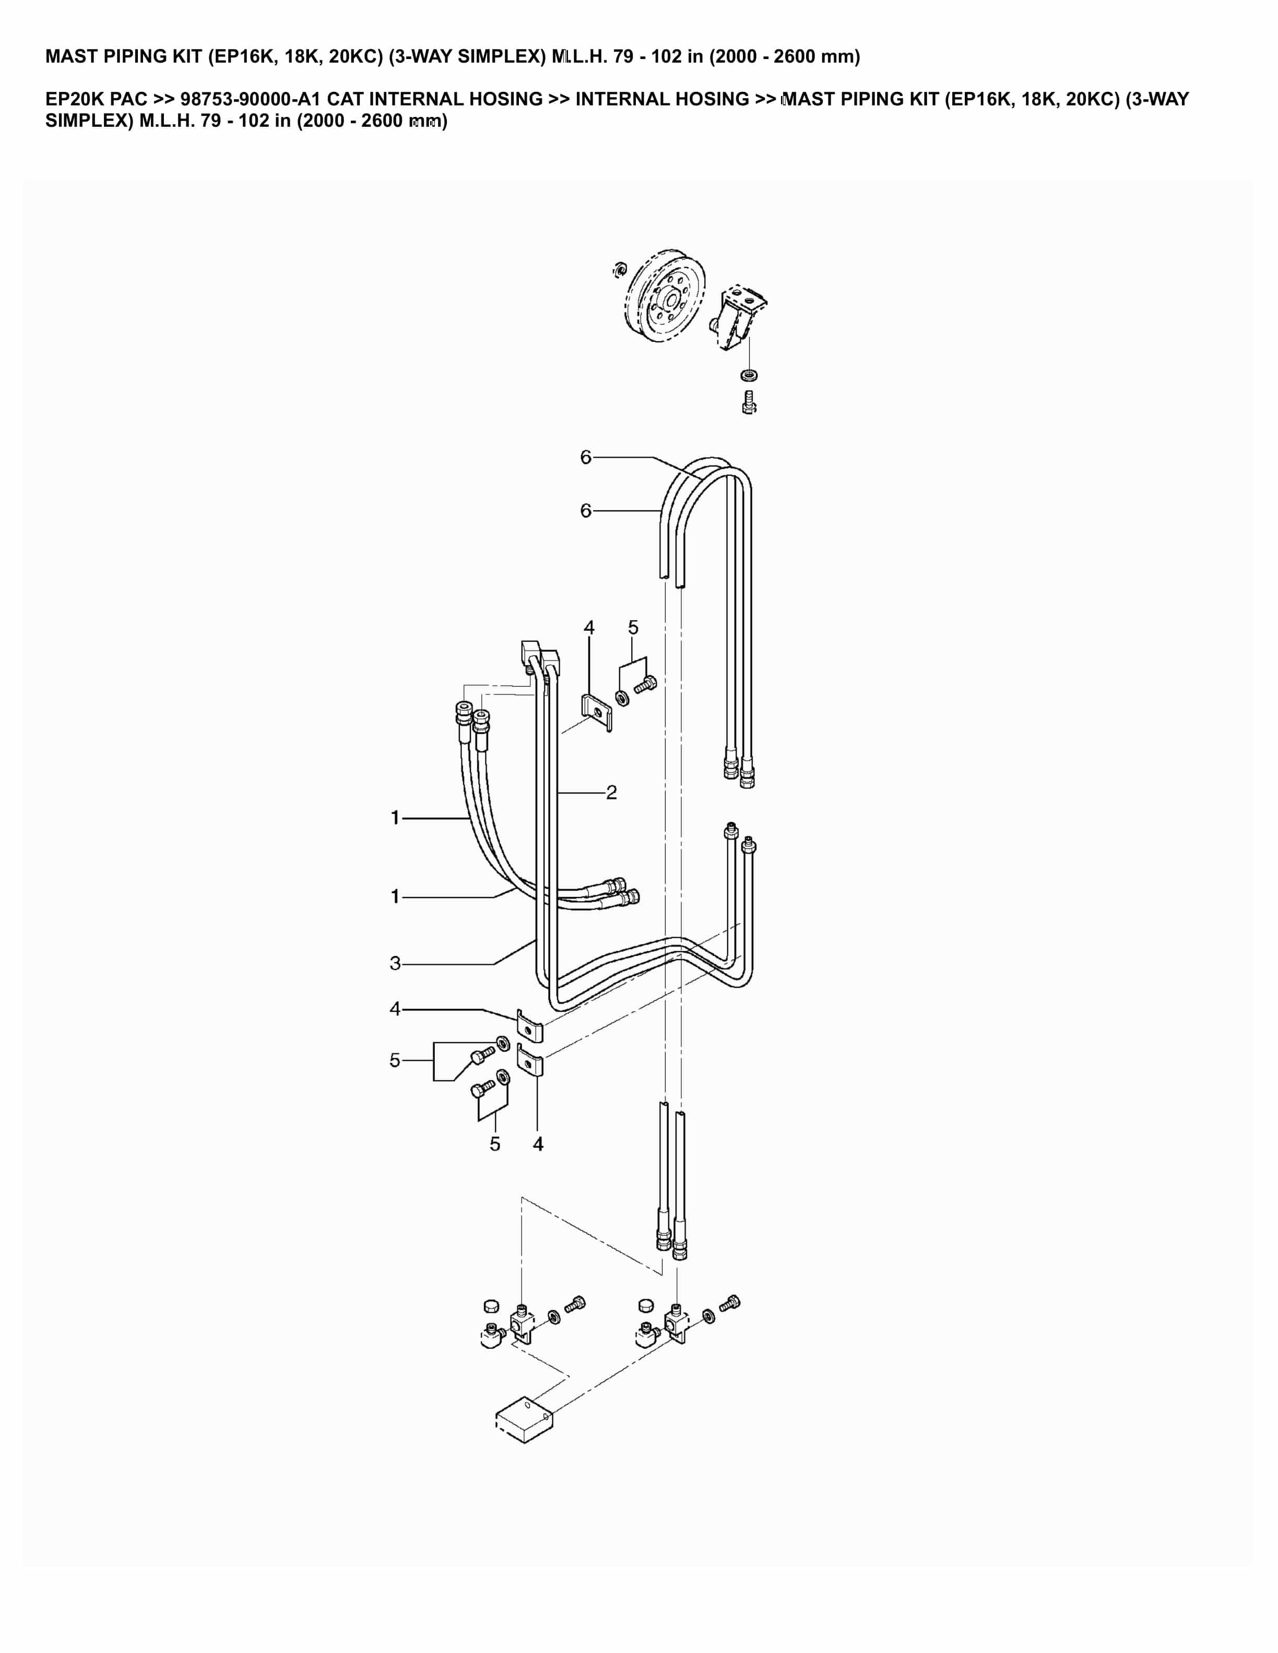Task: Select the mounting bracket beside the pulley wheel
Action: click(739, 318)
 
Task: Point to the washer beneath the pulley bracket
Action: click(749, 375)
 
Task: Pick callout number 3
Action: click(395, 964)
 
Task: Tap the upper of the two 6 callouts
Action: click(585, 457)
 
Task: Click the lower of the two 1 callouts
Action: click(395, 897)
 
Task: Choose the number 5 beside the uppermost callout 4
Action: click(633, 628)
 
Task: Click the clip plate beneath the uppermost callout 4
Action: click(597, 712)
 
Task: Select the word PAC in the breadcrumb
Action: click(128, 99)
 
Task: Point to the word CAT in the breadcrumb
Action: click(345, 99)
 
